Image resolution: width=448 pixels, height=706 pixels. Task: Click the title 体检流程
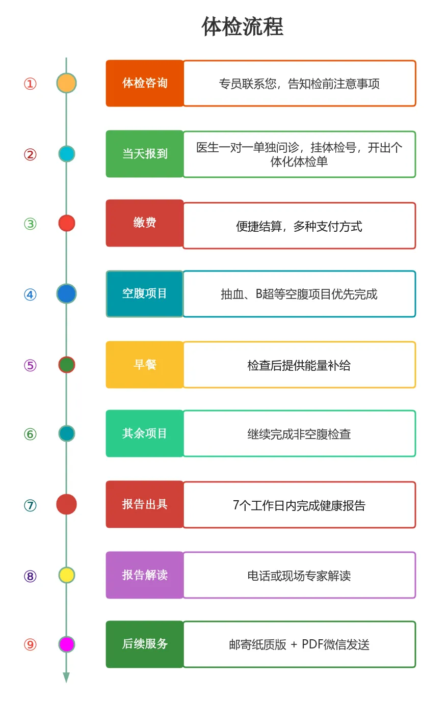click(x=242, y=26)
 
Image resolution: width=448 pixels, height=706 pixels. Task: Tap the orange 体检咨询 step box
click(x=145, y=83)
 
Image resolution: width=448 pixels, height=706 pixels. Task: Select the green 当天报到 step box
click(x=145, y=154)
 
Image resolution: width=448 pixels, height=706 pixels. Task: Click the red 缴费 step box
click(x=145, y=223)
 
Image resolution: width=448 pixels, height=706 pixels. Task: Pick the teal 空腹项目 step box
click(x=145, y=294)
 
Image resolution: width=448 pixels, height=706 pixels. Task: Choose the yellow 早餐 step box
click(x=145, y=365)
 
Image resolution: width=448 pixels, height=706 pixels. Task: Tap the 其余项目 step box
click(x=145, y=433)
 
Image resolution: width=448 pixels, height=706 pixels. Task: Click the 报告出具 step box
click(x=145, y=504)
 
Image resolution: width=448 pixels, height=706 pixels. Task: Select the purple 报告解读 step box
click(x=145, y=575)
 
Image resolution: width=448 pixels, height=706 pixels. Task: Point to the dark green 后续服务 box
click(x=145, y=644)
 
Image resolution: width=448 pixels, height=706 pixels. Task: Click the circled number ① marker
click(x=31, y=84)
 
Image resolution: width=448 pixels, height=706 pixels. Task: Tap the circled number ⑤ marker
click(x=31, y=365)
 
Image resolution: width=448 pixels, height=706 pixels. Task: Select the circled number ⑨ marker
click(x=31, y=644)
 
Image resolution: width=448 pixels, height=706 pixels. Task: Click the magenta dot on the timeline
click(x=66, y=644)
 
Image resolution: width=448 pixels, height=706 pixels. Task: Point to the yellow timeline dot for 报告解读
click(x=66, y=575)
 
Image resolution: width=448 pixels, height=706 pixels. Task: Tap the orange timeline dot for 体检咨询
click(x=66, y=83)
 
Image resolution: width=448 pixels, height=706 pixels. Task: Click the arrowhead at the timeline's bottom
click(x=66, y=677)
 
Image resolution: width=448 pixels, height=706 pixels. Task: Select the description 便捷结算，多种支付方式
click(x=299, y=226)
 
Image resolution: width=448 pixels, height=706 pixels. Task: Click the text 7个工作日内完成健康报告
click(x=299, y=505)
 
